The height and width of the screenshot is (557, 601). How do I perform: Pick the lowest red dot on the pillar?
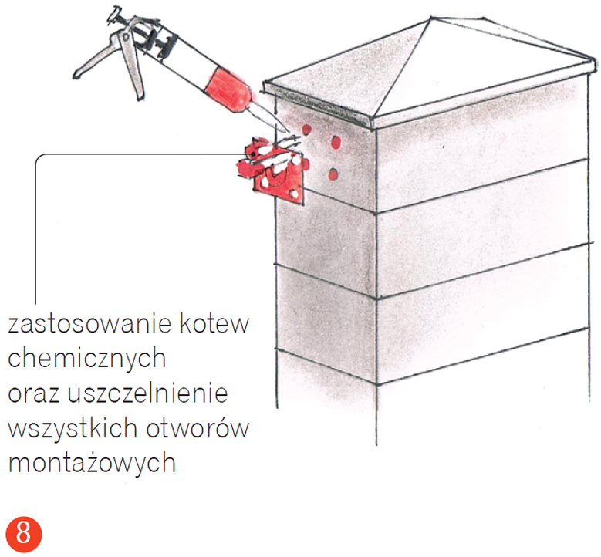click(x=331, y=174)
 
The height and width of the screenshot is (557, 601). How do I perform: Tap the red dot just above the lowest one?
click(x=336, y=142)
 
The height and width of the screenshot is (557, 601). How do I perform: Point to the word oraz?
click(x=33, y=393)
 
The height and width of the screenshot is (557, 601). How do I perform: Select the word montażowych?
click(x=92, y=464)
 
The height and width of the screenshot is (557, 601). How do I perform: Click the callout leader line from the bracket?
click(x=35, y=231)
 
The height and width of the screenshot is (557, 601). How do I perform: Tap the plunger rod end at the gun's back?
click(x=116, y=13)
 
